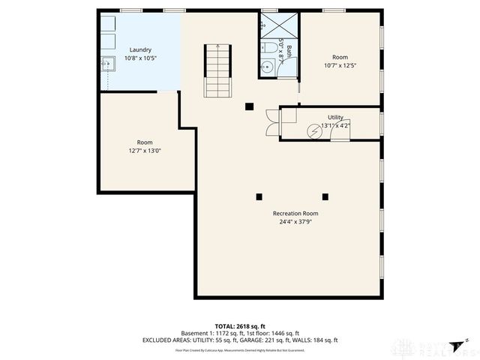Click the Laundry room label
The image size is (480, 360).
click(140, 49)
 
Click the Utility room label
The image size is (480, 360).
click(335, 117)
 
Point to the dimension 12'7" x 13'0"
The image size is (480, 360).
click(145, 150)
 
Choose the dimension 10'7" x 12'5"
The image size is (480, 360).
click(340, 65)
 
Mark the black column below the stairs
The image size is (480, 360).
click(248, 106)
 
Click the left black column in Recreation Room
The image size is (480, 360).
click(259, 197)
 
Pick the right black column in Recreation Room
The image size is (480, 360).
click(325, 197)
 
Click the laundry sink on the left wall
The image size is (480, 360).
click(107, 63)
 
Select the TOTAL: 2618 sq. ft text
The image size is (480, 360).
click(240, 326)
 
